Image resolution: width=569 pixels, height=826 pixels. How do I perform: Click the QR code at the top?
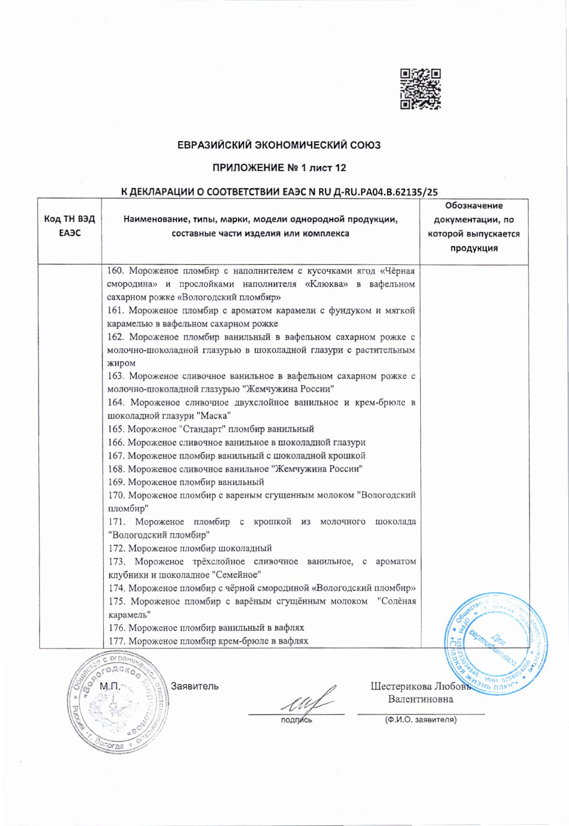[420, 89]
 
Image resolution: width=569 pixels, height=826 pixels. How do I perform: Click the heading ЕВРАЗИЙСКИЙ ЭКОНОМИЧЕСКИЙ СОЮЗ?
[279, 145]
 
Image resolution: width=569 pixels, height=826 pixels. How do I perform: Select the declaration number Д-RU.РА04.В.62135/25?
[384, 191]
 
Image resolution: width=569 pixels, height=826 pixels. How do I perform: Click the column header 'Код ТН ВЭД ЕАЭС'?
[70, 226]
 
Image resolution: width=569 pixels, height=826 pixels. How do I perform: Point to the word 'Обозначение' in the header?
[474, 206]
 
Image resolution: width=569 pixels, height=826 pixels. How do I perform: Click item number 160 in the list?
[115, 271]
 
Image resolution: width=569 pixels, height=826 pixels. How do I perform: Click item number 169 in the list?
[116, 482]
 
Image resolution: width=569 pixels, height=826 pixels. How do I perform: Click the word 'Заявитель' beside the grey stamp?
[195, 686]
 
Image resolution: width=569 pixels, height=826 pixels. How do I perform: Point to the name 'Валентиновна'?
[421, 699]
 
